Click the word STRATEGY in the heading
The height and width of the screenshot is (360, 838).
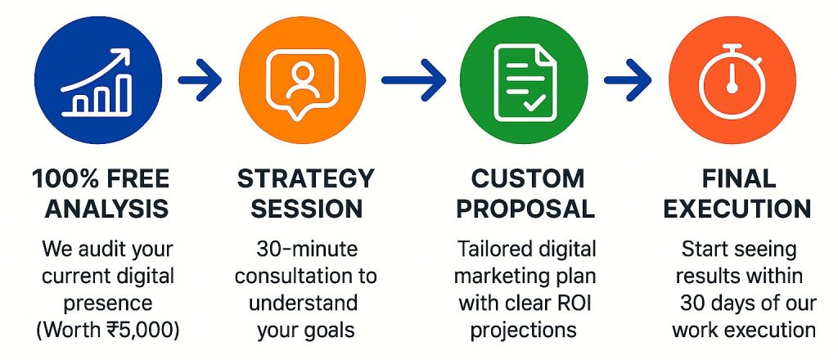(305, 178)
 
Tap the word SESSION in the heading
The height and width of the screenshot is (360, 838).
(305, 209)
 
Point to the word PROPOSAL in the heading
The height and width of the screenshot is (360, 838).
(525, 209)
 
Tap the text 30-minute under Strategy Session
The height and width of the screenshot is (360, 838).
(305, 248)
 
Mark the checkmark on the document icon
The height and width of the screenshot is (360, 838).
(533, 104)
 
